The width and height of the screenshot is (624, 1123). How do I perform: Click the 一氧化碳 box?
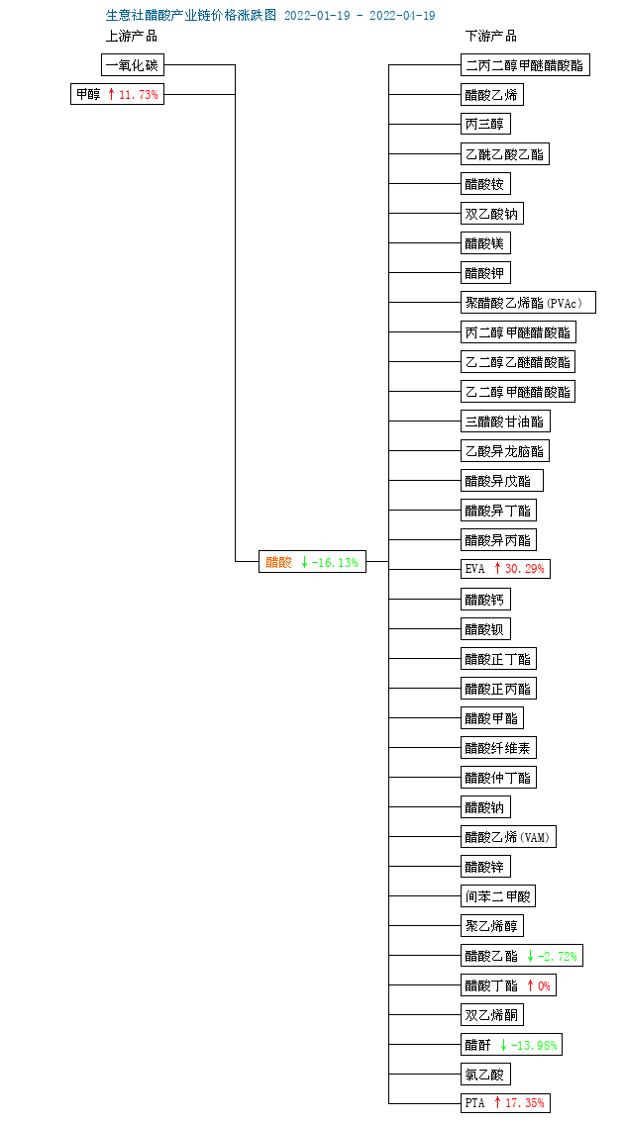coord(133,65)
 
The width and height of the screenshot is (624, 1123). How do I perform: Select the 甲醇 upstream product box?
coord(118,94)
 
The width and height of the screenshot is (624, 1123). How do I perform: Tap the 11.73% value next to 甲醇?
coord(139,94)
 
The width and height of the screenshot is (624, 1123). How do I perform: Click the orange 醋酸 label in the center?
coord(278,562)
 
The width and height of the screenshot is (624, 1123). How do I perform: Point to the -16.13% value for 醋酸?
coord(335,562)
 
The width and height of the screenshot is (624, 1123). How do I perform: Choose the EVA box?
coord(506,569)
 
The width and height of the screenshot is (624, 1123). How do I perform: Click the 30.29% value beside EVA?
coord(525,569)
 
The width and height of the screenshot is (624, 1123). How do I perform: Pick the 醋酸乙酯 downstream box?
coord(521,956)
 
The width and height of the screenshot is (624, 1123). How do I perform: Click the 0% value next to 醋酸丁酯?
coord(545,985)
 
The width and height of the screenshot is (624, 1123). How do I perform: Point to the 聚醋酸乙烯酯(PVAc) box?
coord(528,302)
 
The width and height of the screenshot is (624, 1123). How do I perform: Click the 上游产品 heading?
coord(132,36)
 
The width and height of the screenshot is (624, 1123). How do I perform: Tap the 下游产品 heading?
coord(491,36)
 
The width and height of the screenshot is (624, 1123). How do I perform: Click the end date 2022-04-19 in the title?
coord(402,16)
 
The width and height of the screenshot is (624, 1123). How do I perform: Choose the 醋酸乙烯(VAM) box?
coord(508,836)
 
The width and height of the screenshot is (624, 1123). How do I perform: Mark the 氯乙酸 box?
coord(485,1075)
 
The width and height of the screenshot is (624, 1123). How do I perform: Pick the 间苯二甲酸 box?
coord(498,896)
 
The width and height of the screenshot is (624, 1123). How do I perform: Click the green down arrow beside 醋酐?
coord(503,1045)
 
